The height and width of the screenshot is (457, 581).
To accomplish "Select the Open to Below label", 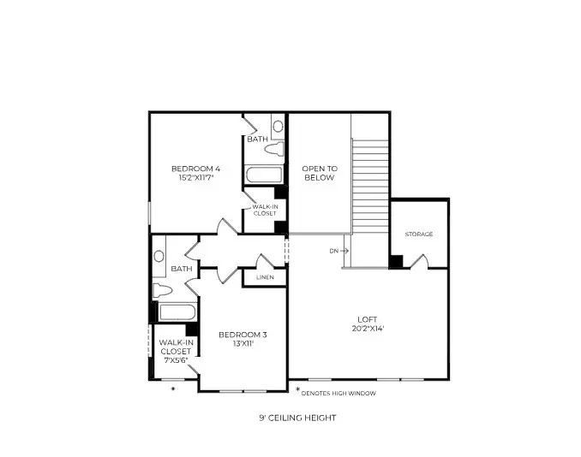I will [x=320, y=173].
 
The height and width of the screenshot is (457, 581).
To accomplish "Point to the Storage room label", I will [x=419, y=234].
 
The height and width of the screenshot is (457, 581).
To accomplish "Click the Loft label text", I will [x=368, y=318].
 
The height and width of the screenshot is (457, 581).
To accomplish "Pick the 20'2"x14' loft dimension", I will [x=368, y=328].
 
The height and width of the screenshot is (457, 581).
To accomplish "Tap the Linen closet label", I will [x=265, y=277].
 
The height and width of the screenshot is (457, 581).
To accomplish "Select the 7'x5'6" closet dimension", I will [x=175, y=360].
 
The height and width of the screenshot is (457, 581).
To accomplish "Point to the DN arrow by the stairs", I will [x=338, y=251].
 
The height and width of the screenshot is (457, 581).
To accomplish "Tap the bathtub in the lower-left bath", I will [x=177, y=312].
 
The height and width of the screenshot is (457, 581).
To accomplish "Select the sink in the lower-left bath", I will [x=159, y=255].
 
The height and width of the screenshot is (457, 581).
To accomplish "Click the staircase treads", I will [x=370, y=188].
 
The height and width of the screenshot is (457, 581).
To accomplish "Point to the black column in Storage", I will [x=396, y=261].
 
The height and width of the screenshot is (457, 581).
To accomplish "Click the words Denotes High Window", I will [x=341, y=394].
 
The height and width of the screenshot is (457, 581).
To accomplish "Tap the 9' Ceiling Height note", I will [x=297, y=418].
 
